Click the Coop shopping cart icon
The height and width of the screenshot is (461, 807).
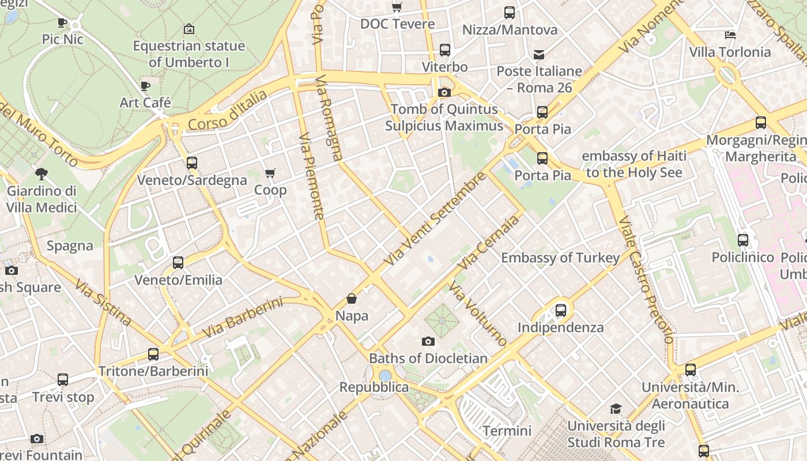(270, 173)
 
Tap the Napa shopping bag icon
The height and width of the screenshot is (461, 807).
(352, 298)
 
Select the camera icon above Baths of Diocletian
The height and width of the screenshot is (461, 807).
(428, 341)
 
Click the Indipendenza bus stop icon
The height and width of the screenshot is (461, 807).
(561, 311)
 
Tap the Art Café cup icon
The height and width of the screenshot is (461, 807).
(145, 86)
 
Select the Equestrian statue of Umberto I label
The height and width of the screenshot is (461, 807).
(189, 54)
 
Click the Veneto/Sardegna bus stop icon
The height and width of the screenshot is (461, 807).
(192, 163)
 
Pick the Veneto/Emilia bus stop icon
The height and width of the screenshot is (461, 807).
(178, 263)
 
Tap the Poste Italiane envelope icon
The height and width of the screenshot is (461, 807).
(539, 55)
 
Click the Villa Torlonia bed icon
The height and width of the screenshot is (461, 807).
(730, 35)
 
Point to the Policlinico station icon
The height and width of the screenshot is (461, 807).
(743, 240)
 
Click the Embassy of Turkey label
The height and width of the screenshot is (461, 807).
(560, 258)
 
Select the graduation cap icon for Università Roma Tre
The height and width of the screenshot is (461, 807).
(616, 409)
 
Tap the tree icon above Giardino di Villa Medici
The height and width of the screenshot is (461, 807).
(41, 173)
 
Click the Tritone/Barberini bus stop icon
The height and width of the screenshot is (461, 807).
(153, 354)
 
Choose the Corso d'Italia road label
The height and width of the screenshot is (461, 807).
(228, 111)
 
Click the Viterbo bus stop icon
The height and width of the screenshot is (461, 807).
(444, 50)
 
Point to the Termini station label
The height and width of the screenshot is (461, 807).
(507, 430)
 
